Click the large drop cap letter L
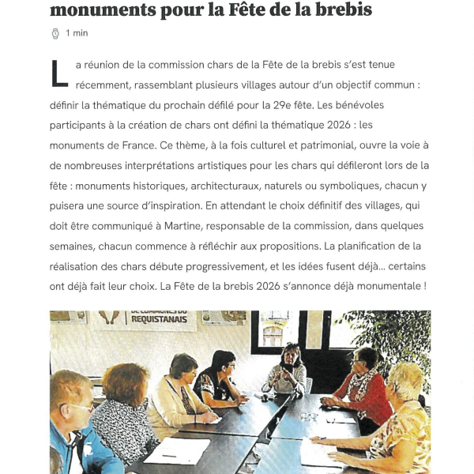[58, 73]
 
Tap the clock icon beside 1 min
[55, 33]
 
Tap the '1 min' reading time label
[77, 33]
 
